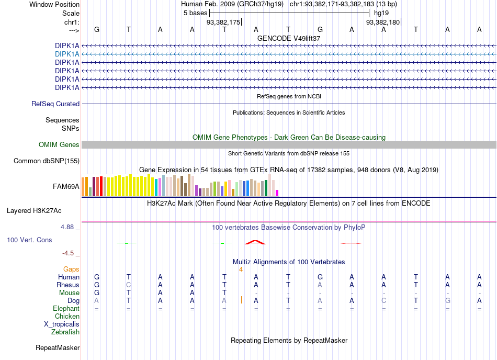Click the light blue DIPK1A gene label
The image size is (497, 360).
coord(67,54)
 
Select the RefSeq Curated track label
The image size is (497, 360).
coord(55,104)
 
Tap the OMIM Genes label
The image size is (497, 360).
coord(59,145)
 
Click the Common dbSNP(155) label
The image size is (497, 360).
coord(46,161)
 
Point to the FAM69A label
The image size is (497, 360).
coord(66,187)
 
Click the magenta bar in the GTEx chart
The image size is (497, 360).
coord(277,193)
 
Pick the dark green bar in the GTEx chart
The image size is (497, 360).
coord(266,188)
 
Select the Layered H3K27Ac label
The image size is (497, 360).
coord(34,211)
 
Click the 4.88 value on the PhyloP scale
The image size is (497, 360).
coord(67,227)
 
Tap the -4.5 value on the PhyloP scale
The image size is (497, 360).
coord(68,253)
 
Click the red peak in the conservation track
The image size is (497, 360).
coord(255,242)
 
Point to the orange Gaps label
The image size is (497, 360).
coord(71,269)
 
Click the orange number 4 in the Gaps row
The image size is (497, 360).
coord(241,269)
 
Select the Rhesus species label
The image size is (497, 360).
coord(68,285)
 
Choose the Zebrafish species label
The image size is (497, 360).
coord(65,332)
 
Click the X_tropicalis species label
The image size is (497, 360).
coord(62,324)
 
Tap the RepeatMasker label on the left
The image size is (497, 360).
coord(58,348)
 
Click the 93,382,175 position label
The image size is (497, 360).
coord(223,22)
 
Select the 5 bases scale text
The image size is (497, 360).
coord(195,13)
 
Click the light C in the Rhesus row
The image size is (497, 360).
coord(128,285)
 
